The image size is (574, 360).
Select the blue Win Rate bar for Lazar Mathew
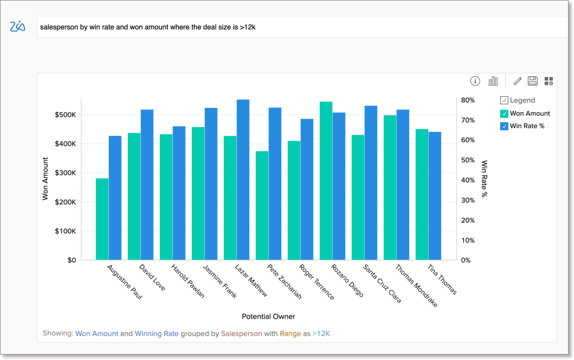(x=243, y=180)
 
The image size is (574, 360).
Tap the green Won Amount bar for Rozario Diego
(x=326, y=181)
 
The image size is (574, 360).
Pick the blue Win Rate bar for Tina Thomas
(x=435, y=195)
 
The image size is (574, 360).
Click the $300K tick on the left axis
(x=65, y=173)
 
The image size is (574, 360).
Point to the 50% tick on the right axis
(x=468, y=160)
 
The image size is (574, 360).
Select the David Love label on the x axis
(x=152, y=277)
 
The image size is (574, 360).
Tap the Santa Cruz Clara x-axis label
(x=382, y=283)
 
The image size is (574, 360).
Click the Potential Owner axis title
(x=269, y=317)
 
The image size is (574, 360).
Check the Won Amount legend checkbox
(x=504, y=113)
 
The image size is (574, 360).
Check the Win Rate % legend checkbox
(x=504, y=126)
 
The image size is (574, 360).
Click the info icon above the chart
(x=475, y=81)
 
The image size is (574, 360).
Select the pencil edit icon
(x=518, y=81)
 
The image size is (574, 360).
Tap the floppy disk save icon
(x=533, y=81)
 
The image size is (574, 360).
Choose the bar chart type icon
(x=493, y=81)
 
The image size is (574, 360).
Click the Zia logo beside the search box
(x=18, y=26)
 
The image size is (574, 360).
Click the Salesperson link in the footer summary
(x=241, y=333)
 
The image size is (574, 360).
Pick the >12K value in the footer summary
(x=321, y=333)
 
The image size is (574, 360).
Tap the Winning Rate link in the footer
(x=156, y=333)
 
